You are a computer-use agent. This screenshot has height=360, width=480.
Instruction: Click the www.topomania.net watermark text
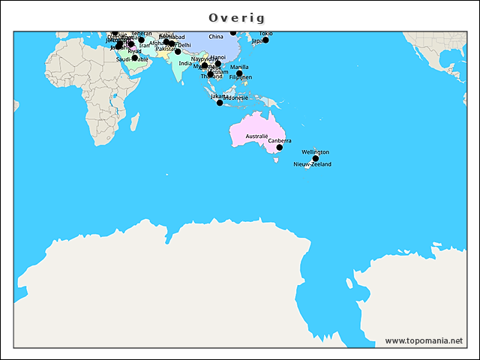coord(424,340)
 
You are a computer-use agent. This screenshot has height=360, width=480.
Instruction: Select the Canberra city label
coord(280,140)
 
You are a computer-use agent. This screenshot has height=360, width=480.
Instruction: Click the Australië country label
coord(256,136)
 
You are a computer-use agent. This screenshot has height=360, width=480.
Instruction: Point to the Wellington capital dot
coord(316,158)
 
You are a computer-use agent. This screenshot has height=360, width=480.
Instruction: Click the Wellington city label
coord(315,151)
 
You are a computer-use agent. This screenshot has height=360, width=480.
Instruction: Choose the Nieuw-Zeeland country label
coord(312,164)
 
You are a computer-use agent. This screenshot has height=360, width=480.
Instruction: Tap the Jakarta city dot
coord(220,103)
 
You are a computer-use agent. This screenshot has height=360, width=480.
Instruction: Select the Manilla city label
coord(240,67)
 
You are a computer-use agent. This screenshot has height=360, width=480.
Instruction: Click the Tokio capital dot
coord(265,40)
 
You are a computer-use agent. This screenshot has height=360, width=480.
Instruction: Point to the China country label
coord(216,37)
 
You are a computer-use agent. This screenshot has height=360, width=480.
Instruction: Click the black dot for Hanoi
coord(218,64)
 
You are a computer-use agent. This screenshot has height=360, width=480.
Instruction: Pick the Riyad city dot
coord(134,58)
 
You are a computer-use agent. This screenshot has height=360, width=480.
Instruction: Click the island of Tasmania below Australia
coord(276,159)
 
